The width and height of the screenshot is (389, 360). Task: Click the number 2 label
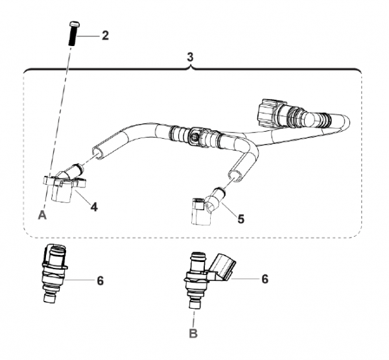104,35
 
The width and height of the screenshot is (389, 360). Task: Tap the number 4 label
94,208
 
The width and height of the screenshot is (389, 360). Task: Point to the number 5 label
241,219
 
